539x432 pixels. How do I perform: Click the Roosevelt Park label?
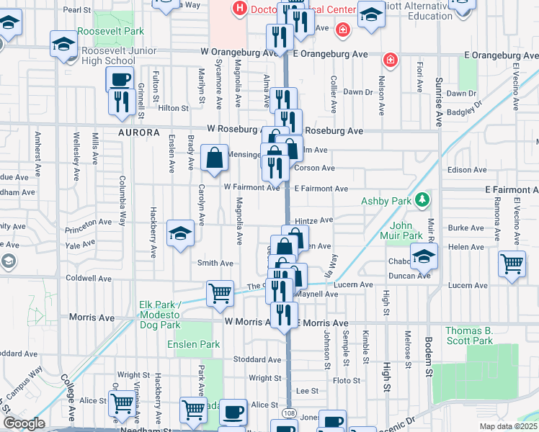(x=112, y=31)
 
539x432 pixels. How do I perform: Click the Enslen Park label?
(x=194, y=344)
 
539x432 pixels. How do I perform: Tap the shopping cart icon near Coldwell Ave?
(x=220, y=293)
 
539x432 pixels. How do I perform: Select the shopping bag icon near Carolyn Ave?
(x=215, y=158)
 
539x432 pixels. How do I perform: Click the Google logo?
(x=23, y=423)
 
